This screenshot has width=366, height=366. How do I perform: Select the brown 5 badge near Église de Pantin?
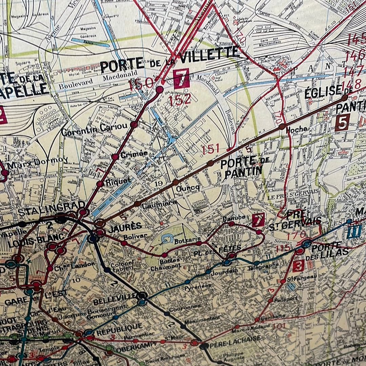click(x=342, y=123)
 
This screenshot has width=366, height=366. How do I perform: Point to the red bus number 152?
click(x=180, y=99)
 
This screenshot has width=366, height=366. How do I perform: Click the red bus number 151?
click(x=211, y=149)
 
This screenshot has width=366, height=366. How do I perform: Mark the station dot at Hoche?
click(x=282, y=127)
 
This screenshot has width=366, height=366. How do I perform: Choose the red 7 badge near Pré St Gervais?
click(x=258, y=220)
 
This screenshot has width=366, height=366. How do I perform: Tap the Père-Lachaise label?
click(x=235, y=339)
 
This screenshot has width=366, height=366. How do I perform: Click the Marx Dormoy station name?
click(x=37, y=163)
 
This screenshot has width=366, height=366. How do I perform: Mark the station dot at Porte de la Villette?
click(x=159, y=89)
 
